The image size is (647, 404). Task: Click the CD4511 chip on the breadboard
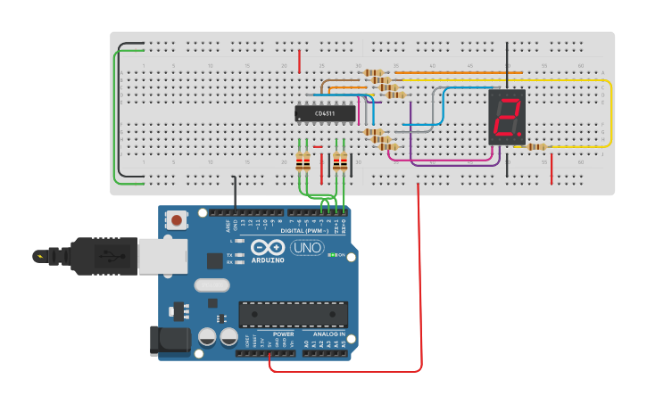tap(325, 113)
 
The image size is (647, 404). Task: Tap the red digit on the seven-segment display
tap(507, 118)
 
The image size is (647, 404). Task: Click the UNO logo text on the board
tap(307, 247)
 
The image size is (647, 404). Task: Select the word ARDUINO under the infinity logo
tap(268, 260)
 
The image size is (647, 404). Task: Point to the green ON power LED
tap(333, 255)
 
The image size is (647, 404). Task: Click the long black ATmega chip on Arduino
tap(293, 314)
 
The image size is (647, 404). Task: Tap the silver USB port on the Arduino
tap(162, 256)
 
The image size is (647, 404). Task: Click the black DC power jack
tap(172, 339)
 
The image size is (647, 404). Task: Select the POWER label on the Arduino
tap(283, 334)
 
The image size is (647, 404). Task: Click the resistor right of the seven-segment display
tap(536, 147)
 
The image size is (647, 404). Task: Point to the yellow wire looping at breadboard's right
tap(611, 113)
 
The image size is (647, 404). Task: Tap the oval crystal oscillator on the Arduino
tap(212, 285)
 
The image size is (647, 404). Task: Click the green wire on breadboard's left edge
tap(114, 116)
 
